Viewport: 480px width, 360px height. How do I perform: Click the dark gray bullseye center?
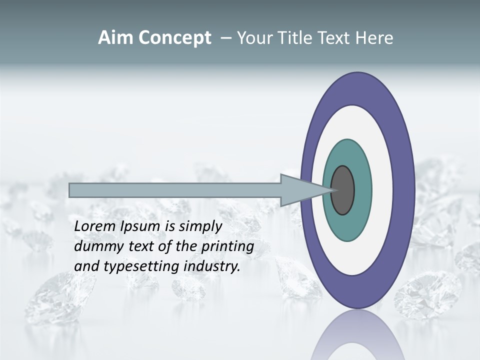coord(342,190)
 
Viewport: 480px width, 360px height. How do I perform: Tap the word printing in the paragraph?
coord(227,246)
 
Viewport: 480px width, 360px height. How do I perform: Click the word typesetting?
coord(142,266)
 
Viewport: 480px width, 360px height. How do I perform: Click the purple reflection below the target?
coord(357,335)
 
